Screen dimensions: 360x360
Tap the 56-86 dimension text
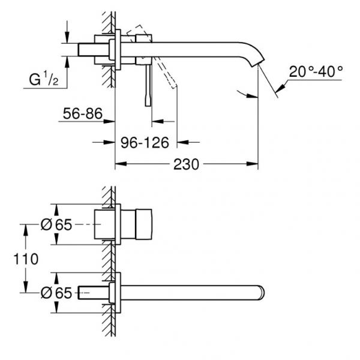click(x=82, y=113)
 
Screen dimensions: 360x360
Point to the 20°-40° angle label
click(x=316, y=71)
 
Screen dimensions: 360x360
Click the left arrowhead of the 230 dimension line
click(x=118, y=164)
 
